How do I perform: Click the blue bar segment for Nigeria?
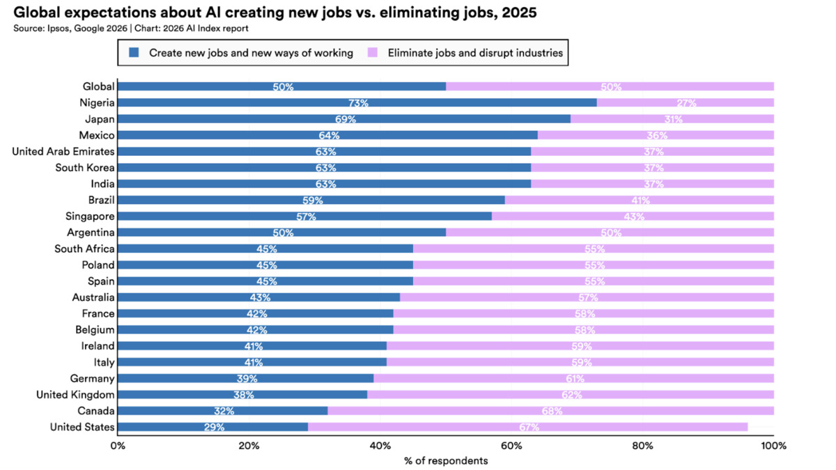[x=357, y=102]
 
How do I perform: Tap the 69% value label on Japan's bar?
[x=346, y=119]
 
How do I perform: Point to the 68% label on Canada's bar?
[x=552, y=411]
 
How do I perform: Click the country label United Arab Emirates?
[x=63, y=151]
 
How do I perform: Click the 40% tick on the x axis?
[x=380, y=445]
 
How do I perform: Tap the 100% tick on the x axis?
[x=773, y=445]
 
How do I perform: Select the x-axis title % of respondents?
[x=446, y=461]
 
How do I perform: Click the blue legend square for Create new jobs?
[x=135, y=52]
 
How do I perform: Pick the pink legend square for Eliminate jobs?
[x=373, y=52]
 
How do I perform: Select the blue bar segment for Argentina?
[x=281, y=233]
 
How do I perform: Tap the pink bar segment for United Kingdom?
[x=570, y=395]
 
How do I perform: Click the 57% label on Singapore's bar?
[x=306, y=217]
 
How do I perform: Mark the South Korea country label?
[x=85, y=168]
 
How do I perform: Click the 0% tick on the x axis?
[x=118, y=445]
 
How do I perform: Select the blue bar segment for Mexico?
[x=327, y=135]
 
